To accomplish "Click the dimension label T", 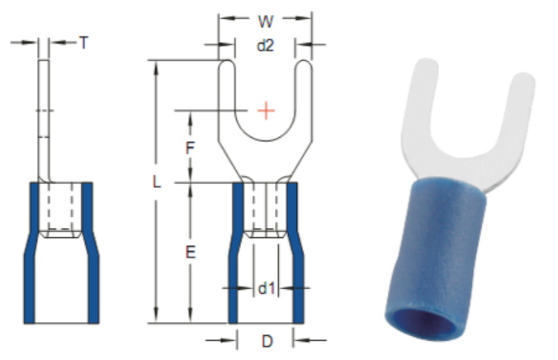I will [x=83, y=42].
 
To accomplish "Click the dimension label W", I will [x=264, y=19].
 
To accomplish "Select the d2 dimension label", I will [x=264, y=45].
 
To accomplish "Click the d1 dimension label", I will [x=265, y=288].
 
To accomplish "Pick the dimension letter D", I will [x=266, y=341].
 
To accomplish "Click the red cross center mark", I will [x=265, y=110].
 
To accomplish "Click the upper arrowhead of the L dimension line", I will [x=157, y=65].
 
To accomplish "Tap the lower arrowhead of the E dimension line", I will [x=190, y=317].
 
